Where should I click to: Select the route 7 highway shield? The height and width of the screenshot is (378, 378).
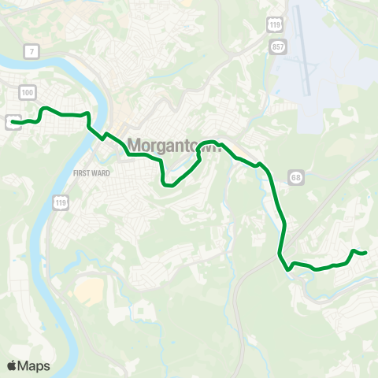pos(29,52)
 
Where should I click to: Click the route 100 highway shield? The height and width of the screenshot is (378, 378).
pos(29,93)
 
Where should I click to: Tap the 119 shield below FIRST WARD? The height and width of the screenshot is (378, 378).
pos(60,203)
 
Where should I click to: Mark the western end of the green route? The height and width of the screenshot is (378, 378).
pos(13,121)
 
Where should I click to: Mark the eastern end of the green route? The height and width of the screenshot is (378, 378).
pos(366,252)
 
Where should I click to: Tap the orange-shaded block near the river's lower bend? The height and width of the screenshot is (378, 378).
pos(90,291)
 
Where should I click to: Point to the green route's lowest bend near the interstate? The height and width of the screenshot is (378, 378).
pos(289,269)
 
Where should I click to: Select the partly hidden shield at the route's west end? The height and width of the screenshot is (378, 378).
pos(12,121)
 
